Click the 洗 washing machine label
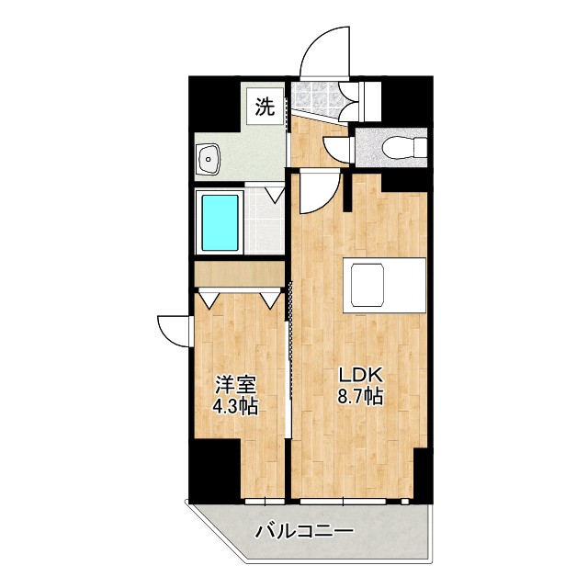pyautogui.click(x=265, y=107)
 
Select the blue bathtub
pyautogui.click(x=220, y=223)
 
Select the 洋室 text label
pyautogui.click(x=235, y=384)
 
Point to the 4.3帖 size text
pyautogui.click(x=235, y=406)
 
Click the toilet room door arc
pyautogui.click(x=339, y=153)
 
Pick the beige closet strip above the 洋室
pyautogui.click(x=240, y=275)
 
